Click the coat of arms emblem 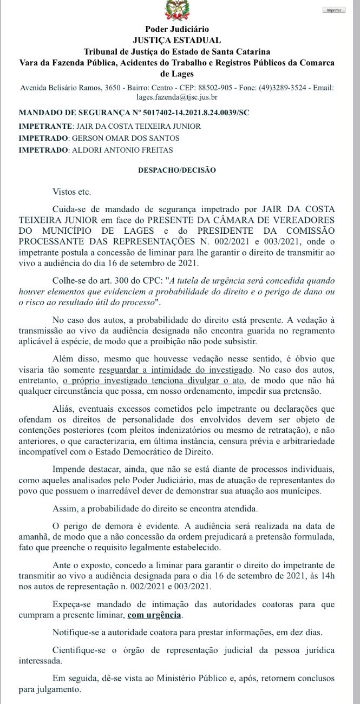pyautogui.click(x=180, y=8)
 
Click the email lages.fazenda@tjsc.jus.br pyautogui.click(x=177, y=97)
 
